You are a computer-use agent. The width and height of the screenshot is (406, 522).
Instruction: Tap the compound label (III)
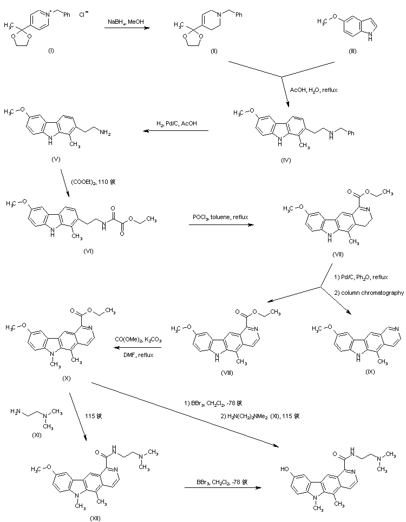(x=353, y=50)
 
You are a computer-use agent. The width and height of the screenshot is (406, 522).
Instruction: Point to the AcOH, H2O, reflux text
(x=313, y=90)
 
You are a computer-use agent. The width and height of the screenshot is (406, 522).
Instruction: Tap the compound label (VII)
(x=338, y=254)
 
